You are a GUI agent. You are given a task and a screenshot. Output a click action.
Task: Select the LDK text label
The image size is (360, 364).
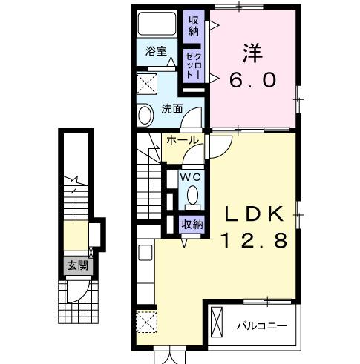coord(253,214)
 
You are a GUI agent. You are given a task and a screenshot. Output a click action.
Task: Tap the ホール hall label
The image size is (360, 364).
coord(181,140)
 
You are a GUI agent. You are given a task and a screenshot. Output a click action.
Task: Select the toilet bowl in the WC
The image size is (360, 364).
coord(192,196)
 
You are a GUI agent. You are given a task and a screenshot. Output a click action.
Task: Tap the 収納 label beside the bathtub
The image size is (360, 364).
coord(194,25)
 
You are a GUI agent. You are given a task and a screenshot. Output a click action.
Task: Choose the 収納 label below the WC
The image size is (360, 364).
coord(192,223)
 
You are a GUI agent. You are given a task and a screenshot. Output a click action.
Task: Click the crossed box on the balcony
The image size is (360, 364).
coord(217,322)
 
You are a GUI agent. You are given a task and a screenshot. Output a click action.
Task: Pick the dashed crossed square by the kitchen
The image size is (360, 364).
coord(145,323)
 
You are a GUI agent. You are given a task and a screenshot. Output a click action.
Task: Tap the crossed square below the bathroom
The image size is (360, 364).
coord(146,82)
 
